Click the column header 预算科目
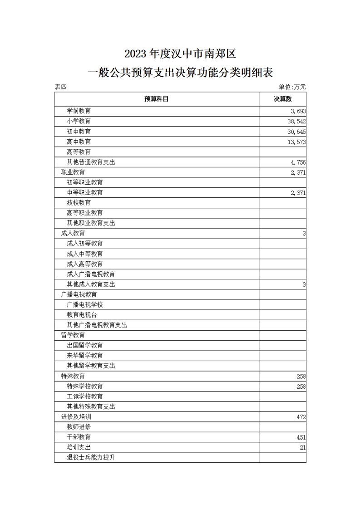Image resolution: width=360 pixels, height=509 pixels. click(157, 99)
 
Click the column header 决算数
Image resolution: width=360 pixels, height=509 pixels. click(282, 99)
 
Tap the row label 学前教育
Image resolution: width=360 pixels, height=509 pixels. click(79, 111)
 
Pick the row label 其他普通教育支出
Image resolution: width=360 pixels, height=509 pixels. click(91, 162)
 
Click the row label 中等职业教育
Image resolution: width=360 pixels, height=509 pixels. click(85, 192)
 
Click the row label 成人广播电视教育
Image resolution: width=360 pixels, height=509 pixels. click(91, 274)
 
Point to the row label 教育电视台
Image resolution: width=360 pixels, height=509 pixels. click(82, 315)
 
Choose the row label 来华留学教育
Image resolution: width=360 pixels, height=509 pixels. click(85, 355)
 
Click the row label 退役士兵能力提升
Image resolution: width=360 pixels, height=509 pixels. click(91, 457)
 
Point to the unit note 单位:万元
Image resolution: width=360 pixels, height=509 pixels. click(292, 87)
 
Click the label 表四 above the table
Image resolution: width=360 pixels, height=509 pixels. click(60, 87)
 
